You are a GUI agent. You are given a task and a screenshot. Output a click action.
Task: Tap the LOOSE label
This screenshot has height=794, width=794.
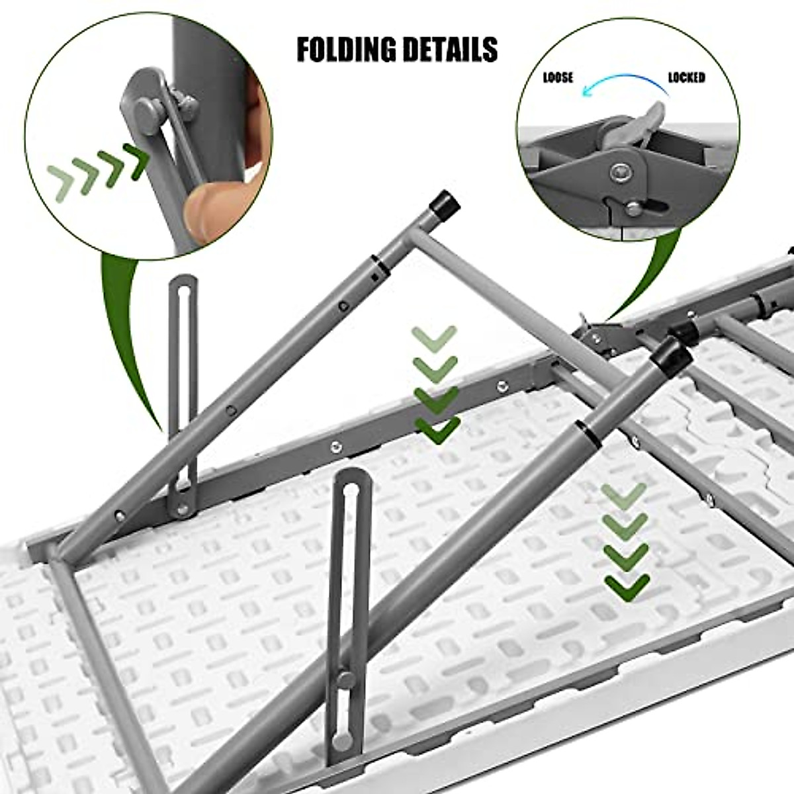click(x=558, y=78)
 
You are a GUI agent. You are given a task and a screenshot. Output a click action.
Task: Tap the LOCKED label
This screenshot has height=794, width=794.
click(x=686, y=78)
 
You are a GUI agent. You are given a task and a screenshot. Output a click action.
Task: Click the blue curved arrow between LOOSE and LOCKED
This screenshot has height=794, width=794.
click(x=622, y=83)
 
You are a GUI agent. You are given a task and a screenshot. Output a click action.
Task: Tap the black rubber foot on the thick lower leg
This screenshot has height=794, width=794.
click(x=672, y=356)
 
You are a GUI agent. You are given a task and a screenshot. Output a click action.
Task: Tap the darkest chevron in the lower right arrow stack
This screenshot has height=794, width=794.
click(x=627, y=586)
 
